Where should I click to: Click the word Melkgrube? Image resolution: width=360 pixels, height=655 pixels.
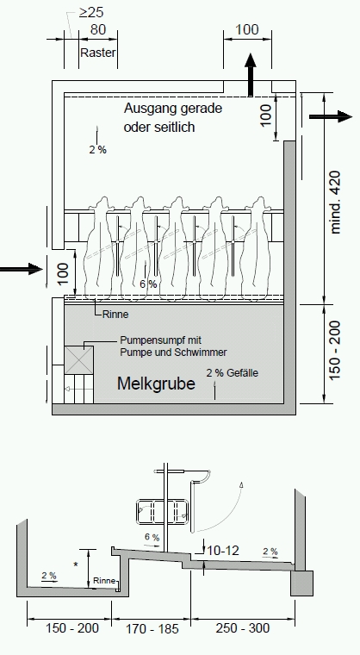(x=156, y=384)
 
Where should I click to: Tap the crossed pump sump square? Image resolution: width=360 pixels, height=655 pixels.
(x=79, y=360)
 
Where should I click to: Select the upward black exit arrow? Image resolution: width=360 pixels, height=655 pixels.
(x=251, y=74)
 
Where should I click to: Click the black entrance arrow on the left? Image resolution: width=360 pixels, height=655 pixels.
(x=22, y=269)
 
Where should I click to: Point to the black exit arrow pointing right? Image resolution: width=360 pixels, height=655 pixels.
(x=331, y=116)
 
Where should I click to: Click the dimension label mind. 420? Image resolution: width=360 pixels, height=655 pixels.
(x=335, y=202)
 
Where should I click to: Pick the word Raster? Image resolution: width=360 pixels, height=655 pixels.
(x=97, y=53)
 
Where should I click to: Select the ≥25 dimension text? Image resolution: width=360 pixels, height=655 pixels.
(x=91, y=13)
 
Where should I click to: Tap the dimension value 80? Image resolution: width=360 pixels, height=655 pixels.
(x=97, y=29)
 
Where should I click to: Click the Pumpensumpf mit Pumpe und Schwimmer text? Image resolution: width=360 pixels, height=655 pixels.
(x=173, y=346)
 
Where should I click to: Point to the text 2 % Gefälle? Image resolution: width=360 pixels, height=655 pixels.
(x=233, y=372)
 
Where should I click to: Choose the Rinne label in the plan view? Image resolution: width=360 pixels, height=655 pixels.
(x=115, y=315)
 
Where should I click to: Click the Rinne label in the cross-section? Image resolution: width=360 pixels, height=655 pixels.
(x=104, y=581)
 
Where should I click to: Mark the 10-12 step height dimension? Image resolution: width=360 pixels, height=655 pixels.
(x=223, y=551)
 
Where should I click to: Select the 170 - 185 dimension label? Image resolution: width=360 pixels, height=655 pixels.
(x=152, y=628)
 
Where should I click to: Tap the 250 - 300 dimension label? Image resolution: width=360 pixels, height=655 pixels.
(x=243, y=627)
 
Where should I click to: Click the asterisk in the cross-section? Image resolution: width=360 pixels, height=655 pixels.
(x=76, y=565)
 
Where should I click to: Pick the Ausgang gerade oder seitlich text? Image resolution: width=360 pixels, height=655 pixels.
(x=173, y=117)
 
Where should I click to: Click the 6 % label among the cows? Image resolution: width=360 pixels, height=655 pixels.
(x=148, y=284)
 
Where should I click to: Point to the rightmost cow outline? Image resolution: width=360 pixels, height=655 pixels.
(x=256, y=246)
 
